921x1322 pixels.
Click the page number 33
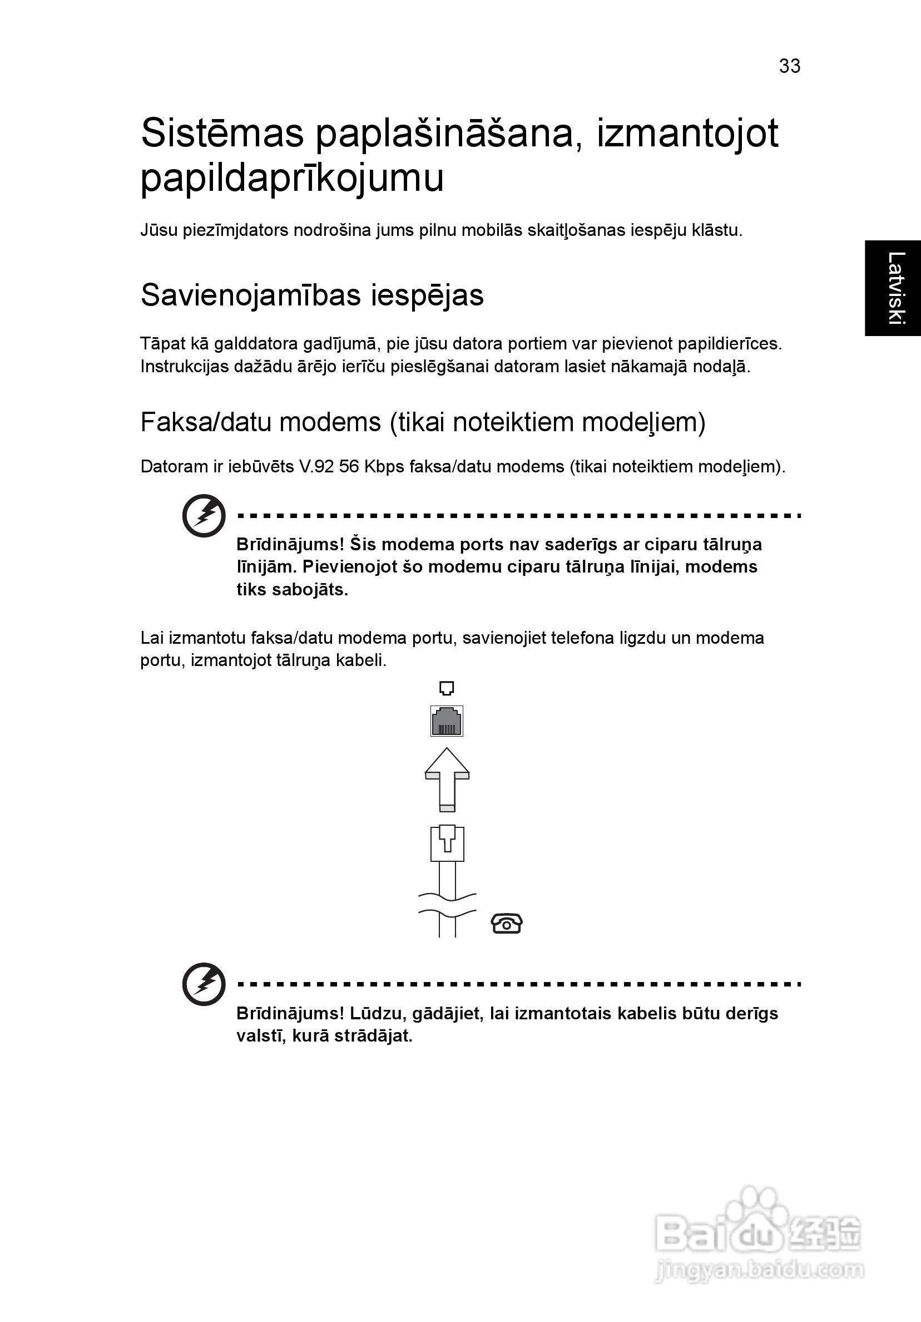click(x=789, y=66)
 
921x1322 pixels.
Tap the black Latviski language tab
click(x=893, y=288)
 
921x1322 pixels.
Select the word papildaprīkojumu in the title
click(x=292, y=179)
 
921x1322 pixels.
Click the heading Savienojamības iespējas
click(x=312, y=295)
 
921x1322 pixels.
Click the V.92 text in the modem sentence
click(x=315, y=466)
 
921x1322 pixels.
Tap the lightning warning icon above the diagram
click(x=204, y=515)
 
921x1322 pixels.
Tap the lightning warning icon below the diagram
click(x=204, y=984)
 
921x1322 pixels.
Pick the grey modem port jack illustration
click(x=447, y=721)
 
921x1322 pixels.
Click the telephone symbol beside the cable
click(x=507, y=924)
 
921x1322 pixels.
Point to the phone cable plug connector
click(x=447, y=843)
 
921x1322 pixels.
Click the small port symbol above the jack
click(x=447, y=688)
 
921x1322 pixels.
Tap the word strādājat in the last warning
click(x=373, y=1036)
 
